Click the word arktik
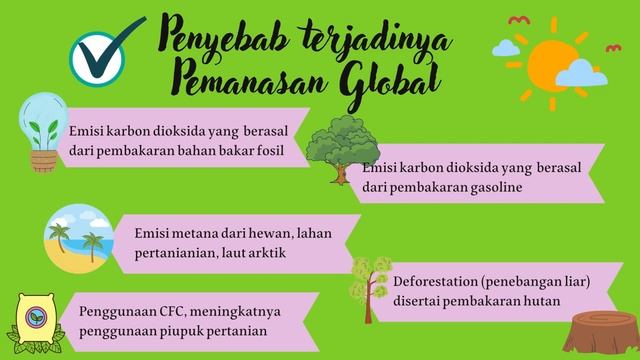[269, 252]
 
